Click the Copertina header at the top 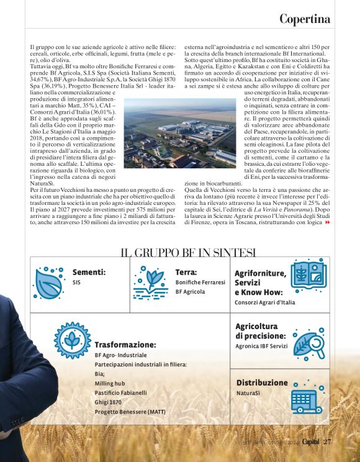(304, 19)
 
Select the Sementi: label (89, 272)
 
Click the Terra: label (186, 272)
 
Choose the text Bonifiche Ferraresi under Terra (200, 283)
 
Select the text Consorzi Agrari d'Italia (264, 302)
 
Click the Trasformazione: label (125, 345)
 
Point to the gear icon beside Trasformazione (73, 340)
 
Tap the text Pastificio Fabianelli (120, 392)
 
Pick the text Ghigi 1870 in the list (108, 402)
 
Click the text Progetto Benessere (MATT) (130, 412)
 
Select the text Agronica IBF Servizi (261, 346)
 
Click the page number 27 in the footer (327, 442)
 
